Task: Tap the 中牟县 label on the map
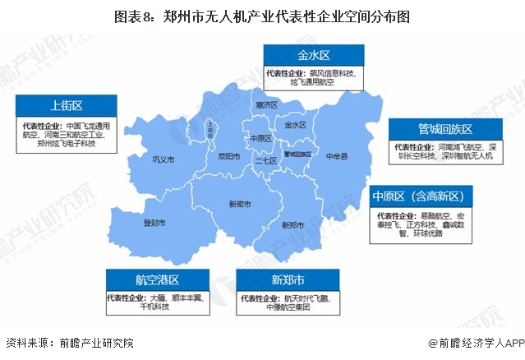336,155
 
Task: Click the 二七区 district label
265,162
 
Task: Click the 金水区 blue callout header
313,55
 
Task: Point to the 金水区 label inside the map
295,125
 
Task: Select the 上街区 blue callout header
66,105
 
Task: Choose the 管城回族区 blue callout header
444,129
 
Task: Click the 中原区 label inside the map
260,138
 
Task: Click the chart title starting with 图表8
261,16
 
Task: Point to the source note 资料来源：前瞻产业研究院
69,343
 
